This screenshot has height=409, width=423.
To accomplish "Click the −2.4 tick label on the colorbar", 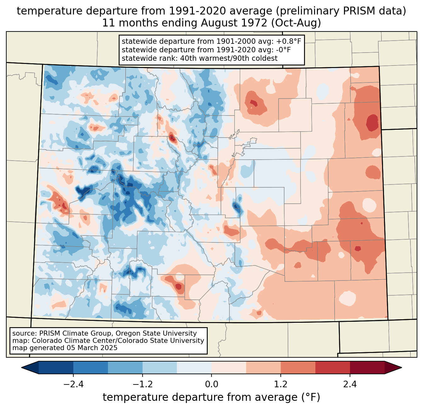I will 73,384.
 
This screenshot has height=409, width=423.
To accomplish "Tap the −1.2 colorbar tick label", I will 142,384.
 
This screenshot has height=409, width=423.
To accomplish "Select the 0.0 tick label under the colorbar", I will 211,384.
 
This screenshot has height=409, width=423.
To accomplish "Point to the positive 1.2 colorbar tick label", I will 281,384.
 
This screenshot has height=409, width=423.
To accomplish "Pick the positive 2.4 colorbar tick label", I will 350,384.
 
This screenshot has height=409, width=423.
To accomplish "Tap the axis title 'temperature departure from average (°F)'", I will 211,397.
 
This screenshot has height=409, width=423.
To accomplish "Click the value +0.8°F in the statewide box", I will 289,42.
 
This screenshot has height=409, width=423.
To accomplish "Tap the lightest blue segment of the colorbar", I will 194,367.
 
